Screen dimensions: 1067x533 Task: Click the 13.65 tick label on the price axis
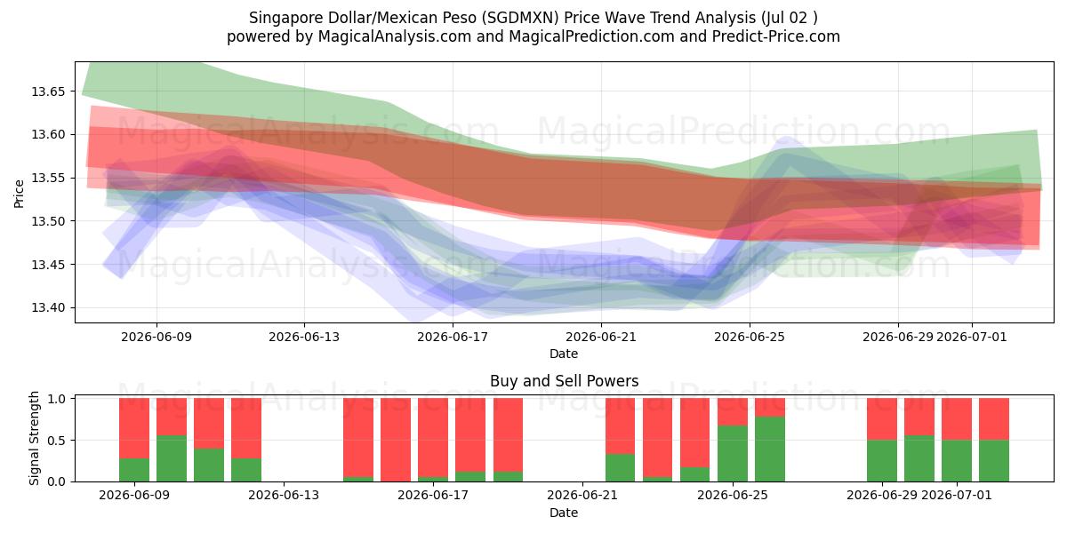[48, 91]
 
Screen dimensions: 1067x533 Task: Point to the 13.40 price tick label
[48, 308]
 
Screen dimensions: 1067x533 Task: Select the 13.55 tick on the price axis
[48, 178]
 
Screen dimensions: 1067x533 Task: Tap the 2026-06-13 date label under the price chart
[304, 337]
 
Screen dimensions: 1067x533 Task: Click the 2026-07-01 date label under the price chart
[972, 337]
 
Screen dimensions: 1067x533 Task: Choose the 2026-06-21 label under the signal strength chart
[582, 496]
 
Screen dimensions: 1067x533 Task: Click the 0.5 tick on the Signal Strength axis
[58, 441]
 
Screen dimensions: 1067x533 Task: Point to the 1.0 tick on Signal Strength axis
[58, 398]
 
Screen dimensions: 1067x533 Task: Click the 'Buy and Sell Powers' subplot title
[564, 381]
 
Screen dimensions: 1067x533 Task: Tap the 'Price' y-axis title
[19, 194]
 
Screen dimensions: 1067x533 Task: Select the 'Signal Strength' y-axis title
[34, 438]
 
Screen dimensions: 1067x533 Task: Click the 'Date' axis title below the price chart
[564, 354]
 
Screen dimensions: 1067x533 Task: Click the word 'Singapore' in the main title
[286, 18]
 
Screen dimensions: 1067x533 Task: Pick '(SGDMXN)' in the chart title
[520, 18]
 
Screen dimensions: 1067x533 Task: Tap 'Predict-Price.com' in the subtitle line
[776, 36]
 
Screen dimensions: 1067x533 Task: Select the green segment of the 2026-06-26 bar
[770, 449]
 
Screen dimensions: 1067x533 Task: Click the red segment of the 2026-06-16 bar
[396, 440]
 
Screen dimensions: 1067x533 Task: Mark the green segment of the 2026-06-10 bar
[172, 458]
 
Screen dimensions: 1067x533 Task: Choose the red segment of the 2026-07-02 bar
[994, 419]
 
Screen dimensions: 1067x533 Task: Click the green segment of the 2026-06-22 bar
[621, 468]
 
